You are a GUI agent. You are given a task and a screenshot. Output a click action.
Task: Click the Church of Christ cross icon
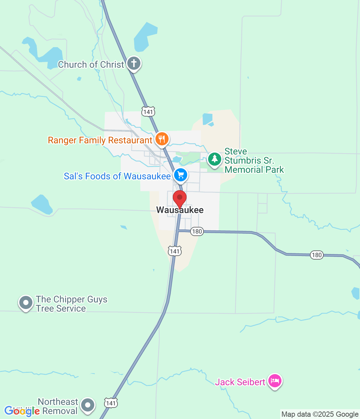[x=134, y=63]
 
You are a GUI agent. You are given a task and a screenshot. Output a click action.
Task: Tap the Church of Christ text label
[x=91, y=64]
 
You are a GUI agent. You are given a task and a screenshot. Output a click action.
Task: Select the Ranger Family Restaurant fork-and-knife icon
[x=162, y=139]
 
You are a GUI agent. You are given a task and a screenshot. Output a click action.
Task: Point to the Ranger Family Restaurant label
[x=100, y=140]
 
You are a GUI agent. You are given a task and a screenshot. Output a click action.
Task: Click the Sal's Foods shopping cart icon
[x=181, y=174]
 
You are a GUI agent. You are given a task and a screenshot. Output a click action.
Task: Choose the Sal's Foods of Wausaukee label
[x=117, y=176]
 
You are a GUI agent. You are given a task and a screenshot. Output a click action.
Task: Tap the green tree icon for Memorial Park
[x=215, y=159]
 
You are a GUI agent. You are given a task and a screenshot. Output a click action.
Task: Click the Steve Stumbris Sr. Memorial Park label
[x=254, y=160]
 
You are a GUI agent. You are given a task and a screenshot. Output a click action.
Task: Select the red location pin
[x=180, y=198]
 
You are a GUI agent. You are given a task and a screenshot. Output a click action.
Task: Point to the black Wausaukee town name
[x=180, y=210]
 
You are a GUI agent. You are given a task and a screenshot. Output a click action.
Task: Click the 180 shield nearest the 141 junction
[x=197, y=231]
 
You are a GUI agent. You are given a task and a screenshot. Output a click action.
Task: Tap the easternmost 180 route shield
[x=316, y=255]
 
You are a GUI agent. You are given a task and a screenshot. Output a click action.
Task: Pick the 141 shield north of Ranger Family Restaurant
[x=148, y=112]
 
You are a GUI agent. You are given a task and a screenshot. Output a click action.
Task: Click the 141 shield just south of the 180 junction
[x=175, y=251]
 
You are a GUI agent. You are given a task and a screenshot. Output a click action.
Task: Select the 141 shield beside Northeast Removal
[x=111, y=403]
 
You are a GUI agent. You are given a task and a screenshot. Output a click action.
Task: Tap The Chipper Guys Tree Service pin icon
[x=26, y=302]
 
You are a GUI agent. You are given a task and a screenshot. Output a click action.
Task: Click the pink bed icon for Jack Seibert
[x=275, y=381]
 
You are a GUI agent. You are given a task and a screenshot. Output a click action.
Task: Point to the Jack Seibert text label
[x=240, y=382]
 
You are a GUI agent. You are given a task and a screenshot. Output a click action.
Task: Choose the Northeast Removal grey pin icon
[x=88, y=405]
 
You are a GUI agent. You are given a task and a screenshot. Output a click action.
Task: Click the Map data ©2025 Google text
[x=320, y=414]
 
